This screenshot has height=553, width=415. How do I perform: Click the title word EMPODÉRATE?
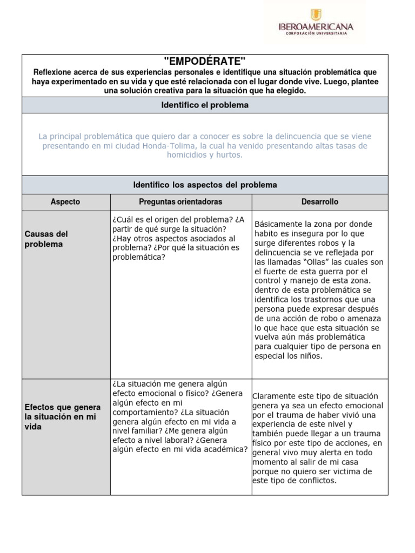pyautogui.click(x=204, y=60)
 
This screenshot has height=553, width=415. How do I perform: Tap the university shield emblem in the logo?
pyautogui.click(x=315, y=15)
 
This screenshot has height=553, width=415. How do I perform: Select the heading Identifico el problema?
pyautogui.click(x=205, y=105)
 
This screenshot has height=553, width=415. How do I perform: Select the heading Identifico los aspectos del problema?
pyautogui.click(x=205, y=185)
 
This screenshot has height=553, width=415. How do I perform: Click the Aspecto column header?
pyautogui.click(x=65, y=201)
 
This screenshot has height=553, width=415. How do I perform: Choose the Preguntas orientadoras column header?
pyautogui.click(x=180, y=201)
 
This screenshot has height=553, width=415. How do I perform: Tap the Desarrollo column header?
pyautogui.click(x=319, y=201)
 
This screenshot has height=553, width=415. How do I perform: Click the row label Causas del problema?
pyautogui.click(x=46, y=239)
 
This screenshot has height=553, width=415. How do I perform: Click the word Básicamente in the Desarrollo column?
pyautogui.click(x=279, y=224)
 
